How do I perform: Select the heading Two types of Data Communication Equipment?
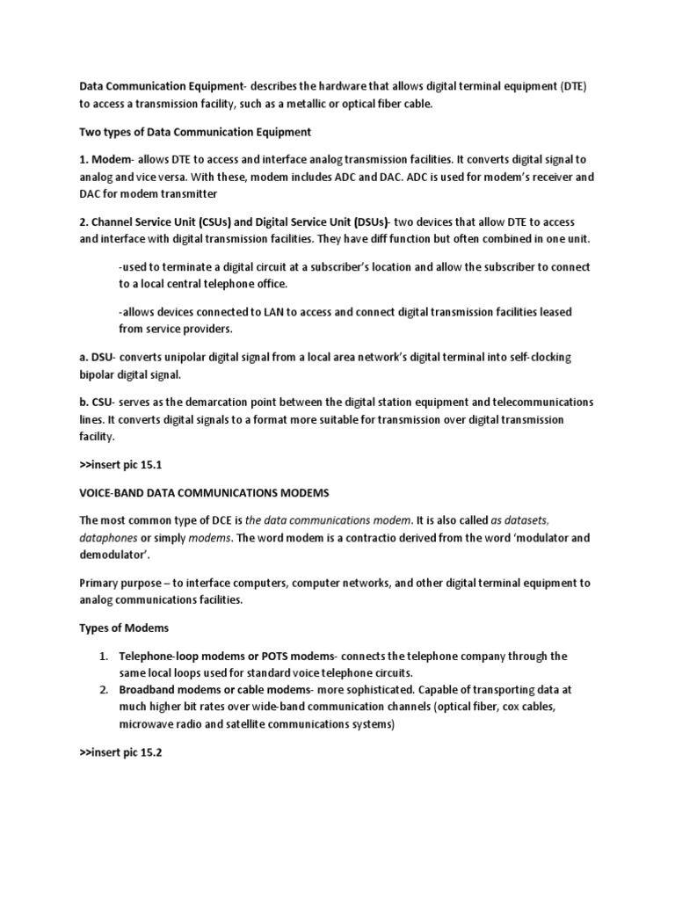click(x=196, y=132)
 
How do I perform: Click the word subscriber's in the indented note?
click(x=342, y=267)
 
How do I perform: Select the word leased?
click(x=556, y=312)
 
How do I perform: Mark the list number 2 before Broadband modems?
click(x=103, y=690)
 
